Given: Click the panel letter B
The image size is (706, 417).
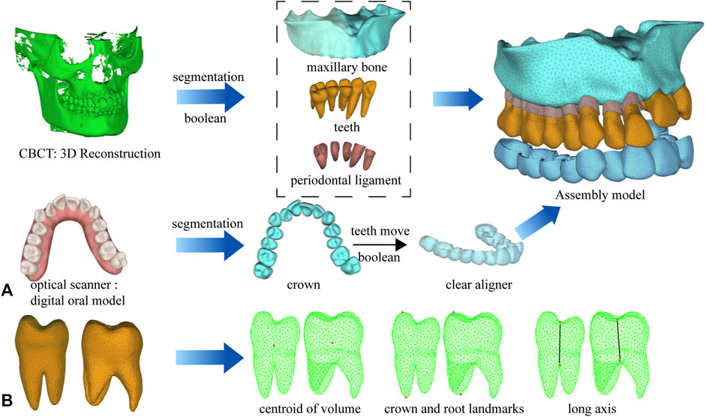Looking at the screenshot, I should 10,394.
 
